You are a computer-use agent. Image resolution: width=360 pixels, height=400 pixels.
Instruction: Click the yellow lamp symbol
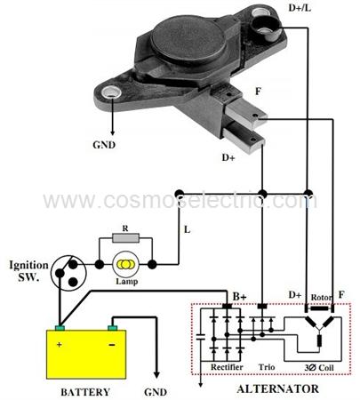click(125, 264)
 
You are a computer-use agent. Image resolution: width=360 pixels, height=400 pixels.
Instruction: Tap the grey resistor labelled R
click(125, 238)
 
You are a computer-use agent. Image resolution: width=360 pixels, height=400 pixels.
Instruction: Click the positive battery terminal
click(60, 328)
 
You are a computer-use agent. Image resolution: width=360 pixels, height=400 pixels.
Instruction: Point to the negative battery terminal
click(112, 328)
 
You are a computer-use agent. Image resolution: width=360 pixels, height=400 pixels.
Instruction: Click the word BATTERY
click(85, 392)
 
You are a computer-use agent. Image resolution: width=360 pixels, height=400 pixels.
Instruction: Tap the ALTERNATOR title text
click(278, 388)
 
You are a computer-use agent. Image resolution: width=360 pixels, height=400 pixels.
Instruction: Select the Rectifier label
click(227, 367)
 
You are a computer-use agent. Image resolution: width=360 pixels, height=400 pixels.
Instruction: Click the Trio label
click(267, 367)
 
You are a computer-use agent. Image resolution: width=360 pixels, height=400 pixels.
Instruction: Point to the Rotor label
click(322, 297)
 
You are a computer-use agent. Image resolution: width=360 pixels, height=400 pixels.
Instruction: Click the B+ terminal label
click(239, 296)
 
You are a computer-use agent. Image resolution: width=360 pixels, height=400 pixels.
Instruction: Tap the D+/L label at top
click(300, 8)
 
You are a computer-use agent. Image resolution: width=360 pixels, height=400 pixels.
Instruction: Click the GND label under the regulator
click(104, 145)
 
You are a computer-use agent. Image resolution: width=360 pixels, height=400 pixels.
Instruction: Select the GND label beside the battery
click(156, 392)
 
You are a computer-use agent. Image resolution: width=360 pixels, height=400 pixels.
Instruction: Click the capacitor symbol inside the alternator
click(201, 336)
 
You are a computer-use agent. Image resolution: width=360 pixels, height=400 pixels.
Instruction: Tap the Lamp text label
click(127, 281)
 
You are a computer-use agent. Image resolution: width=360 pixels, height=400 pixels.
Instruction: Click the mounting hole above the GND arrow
click(111, 92)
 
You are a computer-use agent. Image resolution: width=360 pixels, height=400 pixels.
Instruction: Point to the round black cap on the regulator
click(187, 40)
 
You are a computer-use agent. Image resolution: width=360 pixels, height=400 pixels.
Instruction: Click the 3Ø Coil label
click(319, 368)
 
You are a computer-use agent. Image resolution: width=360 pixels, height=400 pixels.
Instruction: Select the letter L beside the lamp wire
click(188, 229)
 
